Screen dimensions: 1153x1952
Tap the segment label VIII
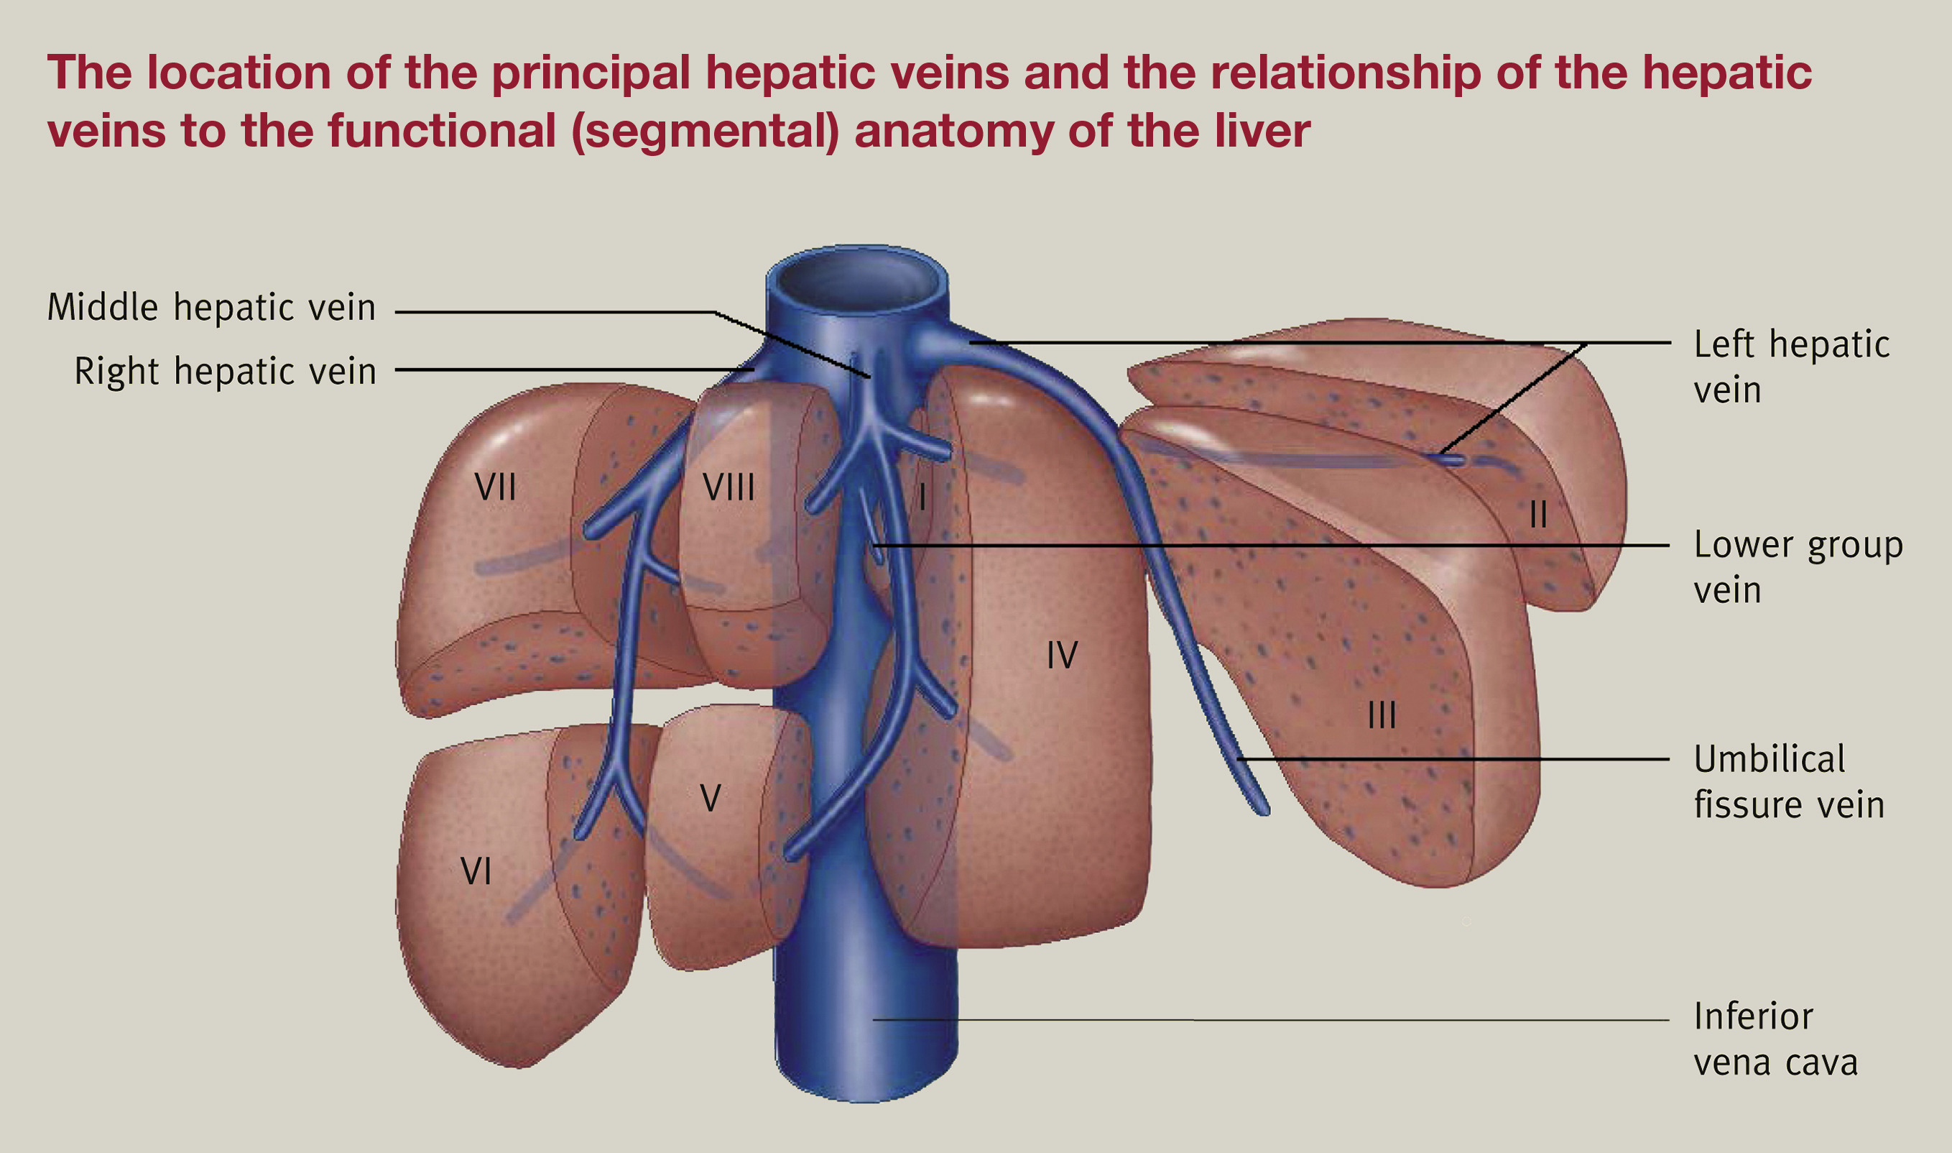(728, 488)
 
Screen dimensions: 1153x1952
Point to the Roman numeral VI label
(475, 871)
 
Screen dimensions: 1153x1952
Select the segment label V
(710, 798)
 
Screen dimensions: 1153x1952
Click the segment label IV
(1061, 655)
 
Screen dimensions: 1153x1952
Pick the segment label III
(1382, 715)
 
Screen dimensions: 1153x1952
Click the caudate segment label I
(922, 497)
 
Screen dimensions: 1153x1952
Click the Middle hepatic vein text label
(211, 308)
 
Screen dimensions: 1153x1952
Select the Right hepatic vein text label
(225, 372)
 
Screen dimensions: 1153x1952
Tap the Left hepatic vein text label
(1790, 367)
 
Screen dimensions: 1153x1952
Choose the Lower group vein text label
(1798, 567)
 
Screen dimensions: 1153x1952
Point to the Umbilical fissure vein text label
(1789, 781)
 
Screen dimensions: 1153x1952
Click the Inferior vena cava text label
(1775, 1039)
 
